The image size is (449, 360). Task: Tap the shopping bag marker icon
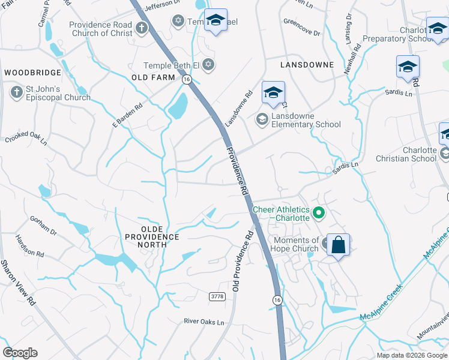339,245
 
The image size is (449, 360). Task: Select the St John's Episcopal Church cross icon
16,92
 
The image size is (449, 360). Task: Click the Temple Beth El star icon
208,65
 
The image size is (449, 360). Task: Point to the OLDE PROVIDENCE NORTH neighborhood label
152,233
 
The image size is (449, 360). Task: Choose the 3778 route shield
217,297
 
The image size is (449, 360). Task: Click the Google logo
20,353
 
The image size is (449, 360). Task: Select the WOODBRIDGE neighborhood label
32,73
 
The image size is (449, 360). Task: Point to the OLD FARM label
153,77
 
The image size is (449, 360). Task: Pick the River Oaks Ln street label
203,322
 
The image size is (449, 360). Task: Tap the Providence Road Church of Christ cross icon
142,28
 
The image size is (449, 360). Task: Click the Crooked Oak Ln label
26,138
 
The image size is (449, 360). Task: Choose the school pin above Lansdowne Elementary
273,93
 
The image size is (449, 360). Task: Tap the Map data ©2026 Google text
412,355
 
